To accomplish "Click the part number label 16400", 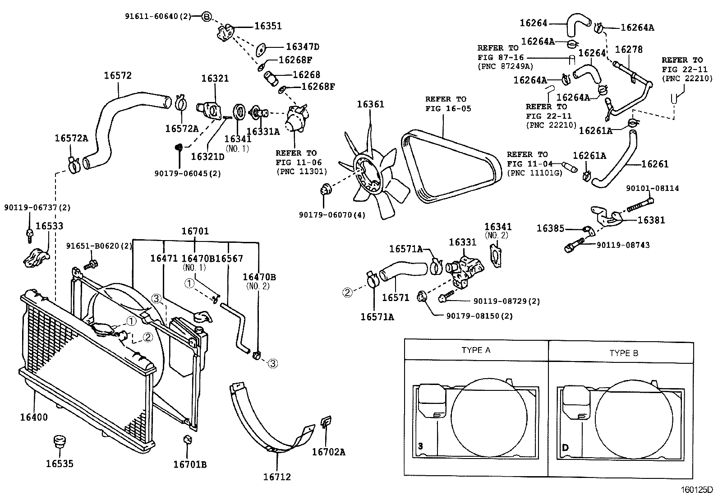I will [33, 417].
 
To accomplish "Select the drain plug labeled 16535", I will [59, 441].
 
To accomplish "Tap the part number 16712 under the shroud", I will [277, 476].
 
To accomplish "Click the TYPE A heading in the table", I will [476, 350].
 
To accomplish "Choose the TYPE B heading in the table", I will [624, 353].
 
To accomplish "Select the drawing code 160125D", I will [697, 490].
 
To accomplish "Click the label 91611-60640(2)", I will [157, 17].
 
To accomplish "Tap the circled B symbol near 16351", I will [206, 17].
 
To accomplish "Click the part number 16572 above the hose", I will [118, 75].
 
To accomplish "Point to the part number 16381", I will [651, 220].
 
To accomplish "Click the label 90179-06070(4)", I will [332, 214].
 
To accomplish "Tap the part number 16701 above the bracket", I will [195, 231].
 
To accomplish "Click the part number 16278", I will [629, 49].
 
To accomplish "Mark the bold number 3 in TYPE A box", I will [420, 446].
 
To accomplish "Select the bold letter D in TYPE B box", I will [565, 447].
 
